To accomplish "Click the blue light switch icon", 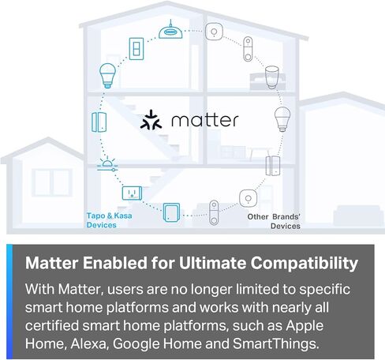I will point(137,49).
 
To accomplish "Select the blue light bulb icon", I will point(107,77).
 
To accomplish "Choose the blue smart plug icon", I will point(131,192).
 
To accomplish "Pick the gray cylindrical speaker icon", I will point(272,77).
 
